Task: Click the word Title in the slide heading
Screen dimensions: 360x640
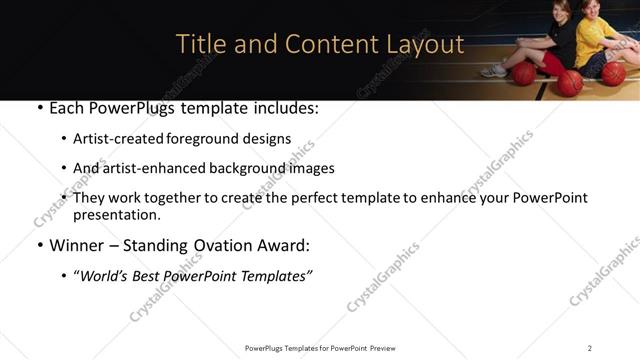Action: (x=198, y=44)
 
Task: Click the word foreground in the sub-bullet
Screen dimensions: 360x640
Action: (x=215, y=139)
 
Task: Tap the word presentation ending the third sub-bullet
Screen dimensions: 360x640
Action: (x=115, y=215)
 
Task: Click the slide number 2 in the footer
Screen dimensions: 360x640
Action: (x=590, y=348)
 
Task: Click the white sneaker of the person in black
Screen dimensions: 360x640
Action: (x=494, y=71)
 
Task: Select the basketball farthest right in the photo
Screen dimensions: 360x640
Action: (x=613, y=73)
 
